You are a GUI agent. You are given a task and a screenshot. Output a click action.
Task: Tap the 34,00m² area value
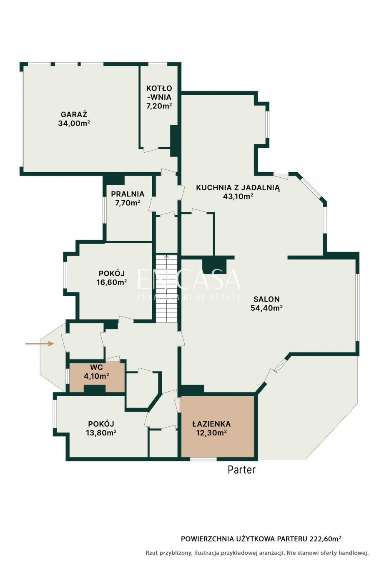pyautogui.click(x=74, y=123)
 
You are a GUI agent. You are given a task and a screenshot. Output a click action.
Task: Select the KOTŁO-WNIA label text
pyautogui.click(x=159, y=93)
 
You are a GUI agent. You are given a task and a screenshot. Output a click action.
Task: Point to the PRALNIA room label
pyautogui.click(x=128, y=194)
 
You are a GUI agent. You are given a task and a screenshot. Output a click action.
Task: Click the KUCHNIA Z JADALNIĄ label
pyautogui.click(x=238, y=188)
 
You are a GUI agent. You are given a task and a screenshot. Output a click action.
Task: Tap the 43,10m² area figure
pyautogui.click(x=238, y=196)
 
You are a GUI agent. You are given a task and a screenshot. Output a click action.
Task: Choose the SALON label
pyautogui.click(x=266, y=299)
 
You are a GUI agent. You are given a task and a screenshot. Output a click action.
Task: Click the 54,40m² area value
pyautogui.click(x=266, y=307)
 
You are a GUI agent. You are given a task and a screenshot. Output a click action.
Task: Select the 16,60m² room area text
pyautogui.click(x=112, y=282)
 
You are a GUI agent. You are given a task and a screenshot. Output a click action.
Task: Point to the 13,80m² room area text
pyautogui.click(x=101, y=432)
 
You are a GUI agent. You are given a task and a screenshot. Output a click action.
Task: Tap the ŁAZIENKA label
pyautogui.click(x=211, y=424)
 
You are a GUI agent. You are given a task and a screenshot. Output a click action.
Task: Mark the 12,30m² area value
pyautogui.click(x=211, y=432)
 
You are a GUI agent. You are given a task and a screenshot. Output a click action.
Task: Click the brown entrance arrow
pyautogui.click(x=40, y=344)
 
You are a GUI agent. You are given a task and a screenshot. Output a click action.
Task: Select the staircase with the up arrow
pyautogui.click(x=166, y=288)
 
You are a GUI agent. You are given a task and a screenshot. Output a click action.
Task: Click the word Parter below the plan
pyautogui.click(x=241, y=470)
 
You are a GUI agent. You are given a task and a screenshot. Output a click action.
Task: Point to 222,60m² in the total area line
pyautogui.click(x=325, y=539)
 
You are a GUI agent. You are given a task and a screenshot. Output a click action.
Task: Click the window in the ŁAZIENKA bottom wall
pyautogui.click(x=203, y=459)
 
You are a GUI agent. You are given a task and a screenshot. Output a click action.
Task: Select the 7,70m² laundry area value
pyautogui.click(x=128, y=203)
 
